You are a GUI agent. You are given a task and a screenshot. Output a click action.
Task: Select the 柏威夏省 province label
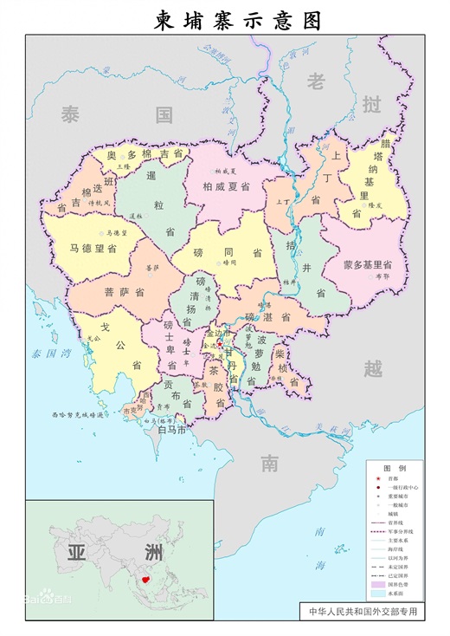[226, 186]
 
